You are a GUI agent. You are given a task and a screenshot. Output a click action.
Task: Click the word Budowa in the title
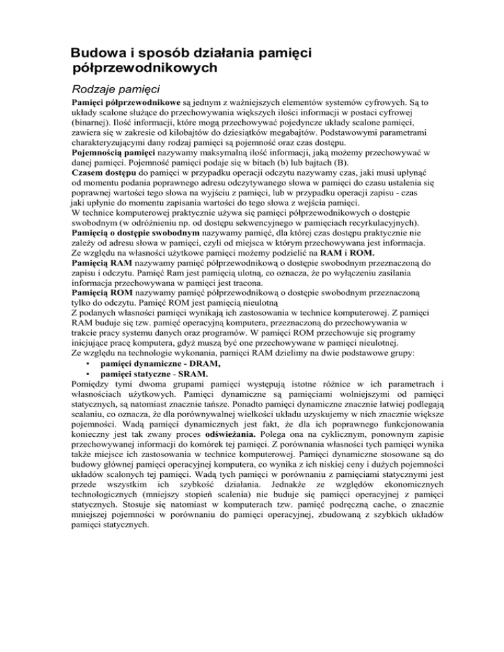pos(96,51)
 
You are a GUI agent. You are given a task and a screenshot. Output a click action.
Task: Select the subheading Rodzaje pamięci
pos(119,88)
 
